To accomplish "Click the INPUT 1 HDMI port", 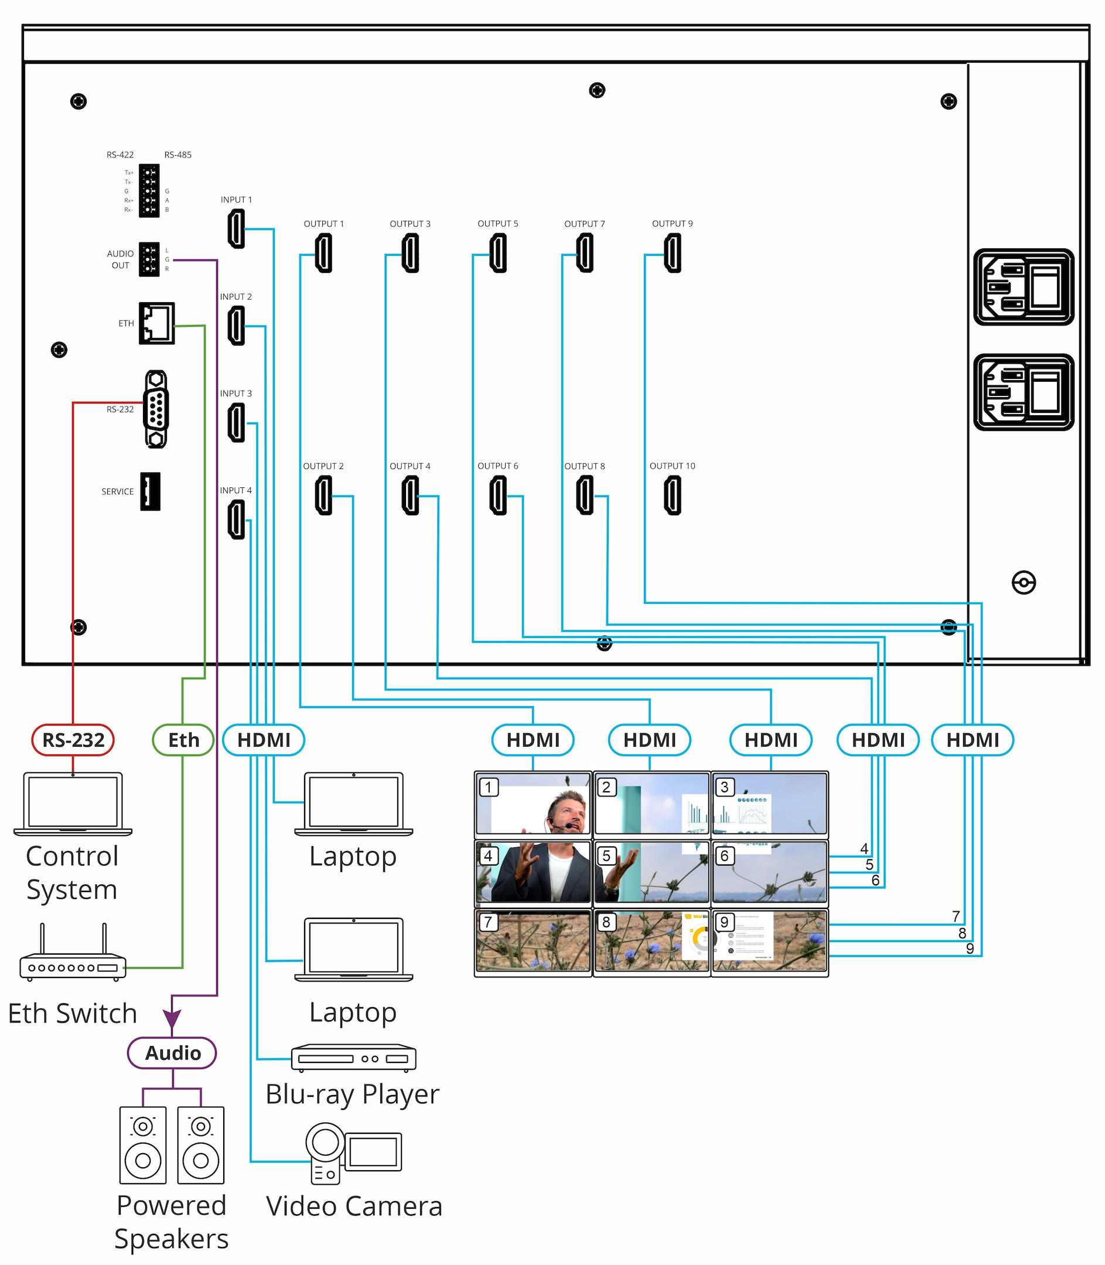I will tap(236, 229).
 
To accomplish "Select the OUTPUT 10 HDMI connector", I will tap(672, 495).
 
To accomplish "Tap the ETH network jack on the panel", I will tap(156, 323).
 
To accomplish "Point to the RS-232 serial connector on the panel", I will tap(156, 409).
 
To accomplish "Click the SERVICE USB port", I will tap(150, 491).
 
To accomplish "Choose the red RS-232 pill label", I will tap(73, 740).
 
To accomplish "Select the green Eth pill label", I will tap(183, 740).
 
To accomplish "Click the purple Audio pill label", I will tap(172, 1053).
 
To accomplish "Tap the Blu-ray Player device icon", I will tap(353, 1058).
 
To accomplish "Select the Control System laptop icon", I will tap(73, 804).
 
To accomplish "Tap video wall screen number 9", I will tap(769, 941).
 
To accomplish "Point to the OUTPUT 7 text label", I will tap(585, 224).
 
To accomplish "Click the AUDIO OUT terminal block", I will tap(149, 259).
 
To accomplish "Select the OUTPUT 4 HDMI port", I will tap(410, 495).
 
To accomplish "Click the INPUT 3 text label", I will tap(236, 394).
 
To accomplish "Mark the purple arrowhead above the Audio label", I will tap(172, 1019).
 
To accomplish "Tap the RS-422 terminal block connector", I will tap(149, 190).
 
